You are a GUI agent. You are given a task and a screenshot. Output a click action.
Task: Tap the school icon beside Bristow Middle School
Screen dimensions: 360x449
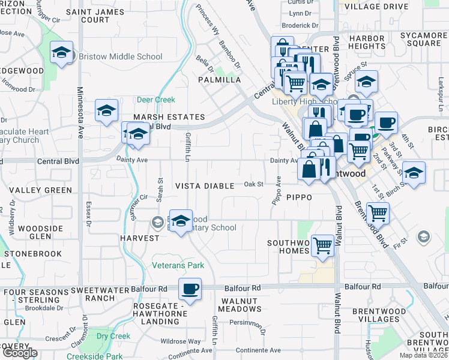pos(61,53)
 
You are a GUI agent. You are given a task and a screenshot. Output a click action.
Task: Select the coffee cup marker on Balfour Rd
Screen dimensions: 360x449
pos(190,290)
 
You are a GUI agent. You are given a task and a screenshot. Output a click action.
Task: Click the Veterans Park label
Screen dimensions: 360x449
pos(178,265)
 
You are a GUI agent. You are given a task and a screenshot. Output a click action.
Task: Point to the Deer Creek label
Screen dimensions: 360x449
pos(156,100)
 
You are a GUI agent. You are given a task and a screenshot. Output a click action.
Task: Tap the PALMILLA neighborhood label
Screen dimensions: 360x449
pos(220,80)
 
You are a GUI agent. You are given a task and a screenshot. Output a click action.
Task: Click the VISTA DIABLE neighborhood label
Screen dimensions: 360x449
pos(205,186)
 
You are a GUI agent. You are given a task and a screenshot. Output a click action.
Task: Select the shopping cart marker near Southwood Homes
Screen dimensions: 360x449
pos(323,245)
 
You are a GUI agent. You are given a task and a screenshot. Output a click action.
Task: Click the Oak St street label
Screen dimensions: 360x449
pos(253,184)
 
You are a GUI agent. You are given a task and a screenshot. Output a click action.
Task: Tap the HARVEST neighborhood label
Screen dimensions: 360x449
pos(139,238)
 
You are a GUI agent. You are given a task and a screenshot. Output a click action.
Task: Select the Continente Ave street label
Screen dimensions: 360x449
pos(258,350)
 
